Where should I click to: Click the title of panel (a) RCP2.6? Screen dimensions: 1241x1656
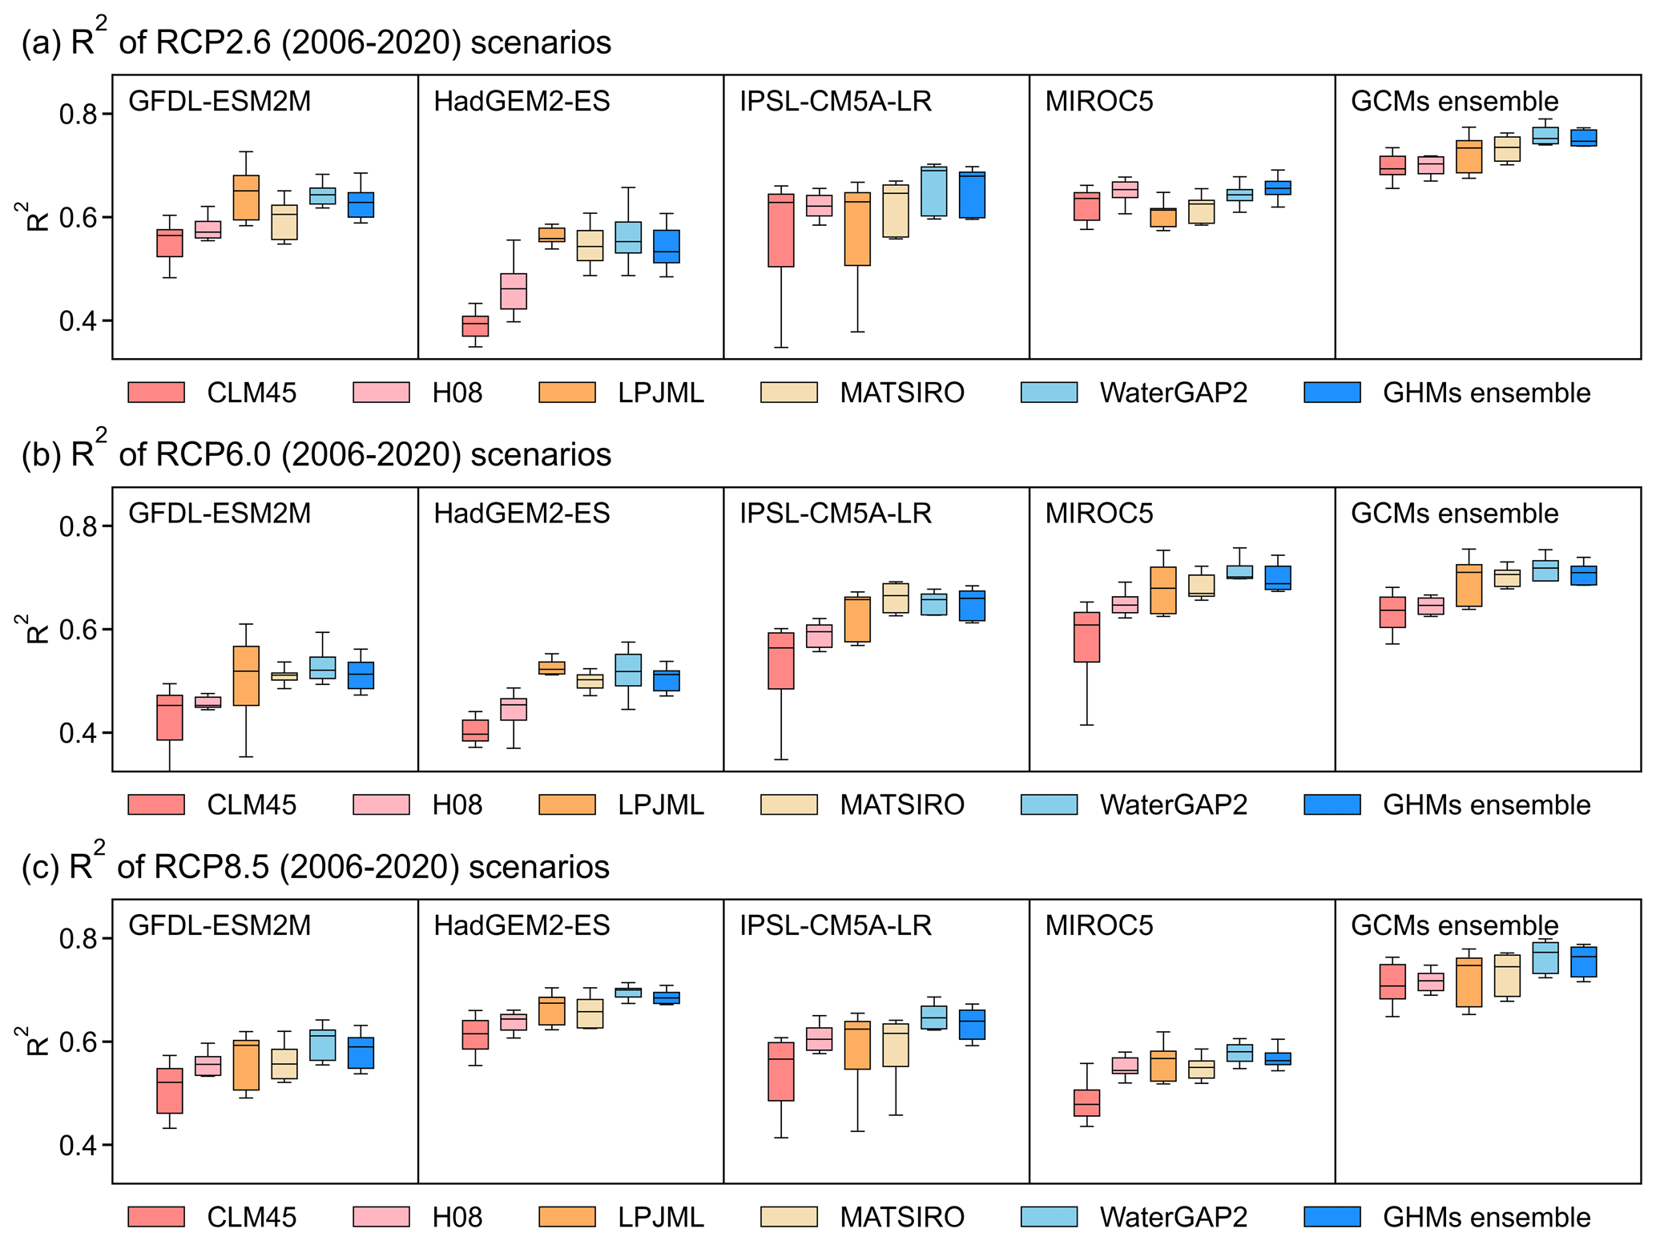pos(316,42)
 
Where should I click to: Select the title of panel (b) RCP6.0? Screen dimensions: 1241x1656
pos(316,454)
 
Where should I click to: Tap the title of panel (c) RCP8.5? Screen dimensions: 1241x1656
pos(316,866)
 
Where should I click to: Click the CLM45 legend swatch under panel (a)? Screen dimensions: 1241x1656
pos(156,393)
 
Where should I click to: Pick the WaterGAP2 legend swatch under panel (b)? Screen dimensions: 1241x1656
pos(1049,804)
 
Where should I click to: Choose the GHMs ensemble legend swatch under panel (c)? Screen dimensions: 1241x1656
pos(1332,1217)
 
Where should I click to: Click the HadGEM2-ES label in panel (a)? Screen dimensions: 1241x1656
pos(522,102)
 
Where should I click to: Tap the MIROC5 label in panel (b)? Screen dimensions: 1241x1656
pos(1099,514)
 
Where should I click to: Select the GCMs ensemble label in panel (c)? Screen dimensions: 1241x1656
pos(1454,925)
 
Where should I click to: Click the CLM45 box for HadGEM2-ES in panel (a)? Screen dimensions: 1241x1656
pos(475,326)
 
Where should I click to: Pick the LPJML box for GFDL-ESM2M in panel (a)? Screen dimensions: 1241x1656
pos(246,197)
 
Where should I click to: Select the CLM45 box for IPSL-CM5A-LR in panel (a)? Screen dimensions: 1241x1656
pos(781,230)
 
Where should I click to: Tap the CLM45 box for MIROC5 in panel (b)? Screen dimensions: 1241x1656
pos(1086,637)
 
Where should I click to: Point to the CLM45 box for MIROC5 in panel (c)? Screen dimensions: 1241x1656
pos(1086,1102)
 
